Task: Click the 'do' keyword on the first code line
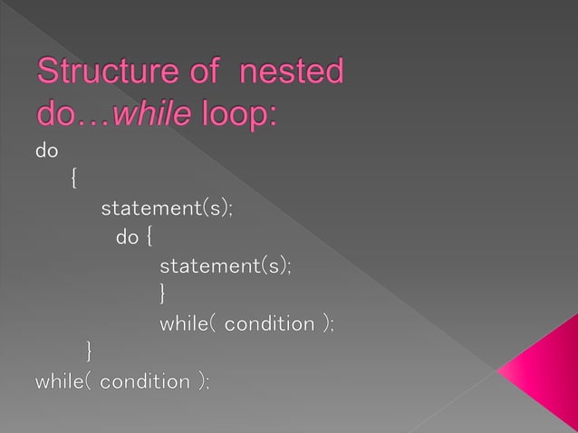[x=45, y=150]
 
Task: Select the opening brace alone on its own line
[x=72, y=179]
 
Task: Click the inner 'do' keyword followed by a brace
[x=127, y=238]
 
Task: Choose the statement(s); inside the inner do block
[x=226, y=266]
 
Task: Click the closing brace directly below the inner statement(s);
[x=163, y=293]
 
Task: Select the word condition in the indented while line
[x=268, y=322]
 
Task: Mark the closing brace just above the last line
[x=88, y=351]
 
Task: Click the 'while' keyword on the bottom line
[x=61, y=381]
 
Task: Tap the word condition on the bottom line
[x=145, y=381]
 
